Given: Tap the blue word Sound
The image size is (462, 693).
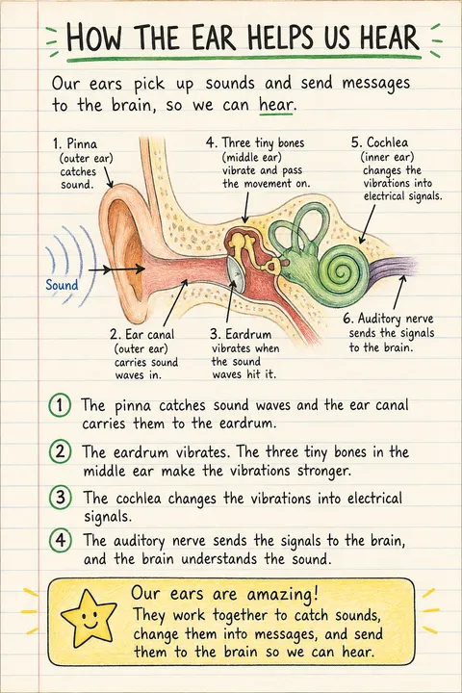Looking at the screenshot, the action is coord(62,285).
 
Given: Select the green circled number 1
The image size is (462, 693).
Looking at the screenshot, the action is coord(60,405).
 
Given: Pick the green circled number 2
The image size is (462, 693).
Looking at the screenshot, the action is coord(60,451).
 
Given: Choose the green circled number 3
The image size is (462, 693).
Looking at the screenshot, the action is coord(61,498).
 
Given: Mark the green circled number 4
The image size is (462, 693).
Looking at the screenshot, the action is coord(61,540).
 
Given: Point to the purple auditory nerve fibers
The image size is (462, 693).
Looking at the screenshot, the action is coord(395,269).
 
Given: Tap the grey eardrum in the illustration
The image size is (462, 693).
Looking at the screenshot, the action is coord(237,274).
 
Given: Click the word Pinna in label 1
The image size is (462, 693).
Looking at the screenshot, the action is coord(82,144).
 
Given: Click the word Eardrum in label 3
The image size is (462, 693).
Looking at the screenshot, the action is coord(248,334).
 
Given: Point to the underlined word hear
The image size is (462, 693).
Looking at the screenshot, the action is coord(276,105).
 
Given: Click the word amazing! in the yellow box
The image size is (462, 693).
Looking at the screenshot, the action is coord(282,595).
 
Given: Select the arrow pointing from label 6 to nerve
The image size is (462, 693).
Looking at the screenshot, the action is coord(398,293).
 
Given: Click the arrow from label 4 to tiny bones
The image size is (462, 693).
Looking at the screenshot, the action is coord(245,207).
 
